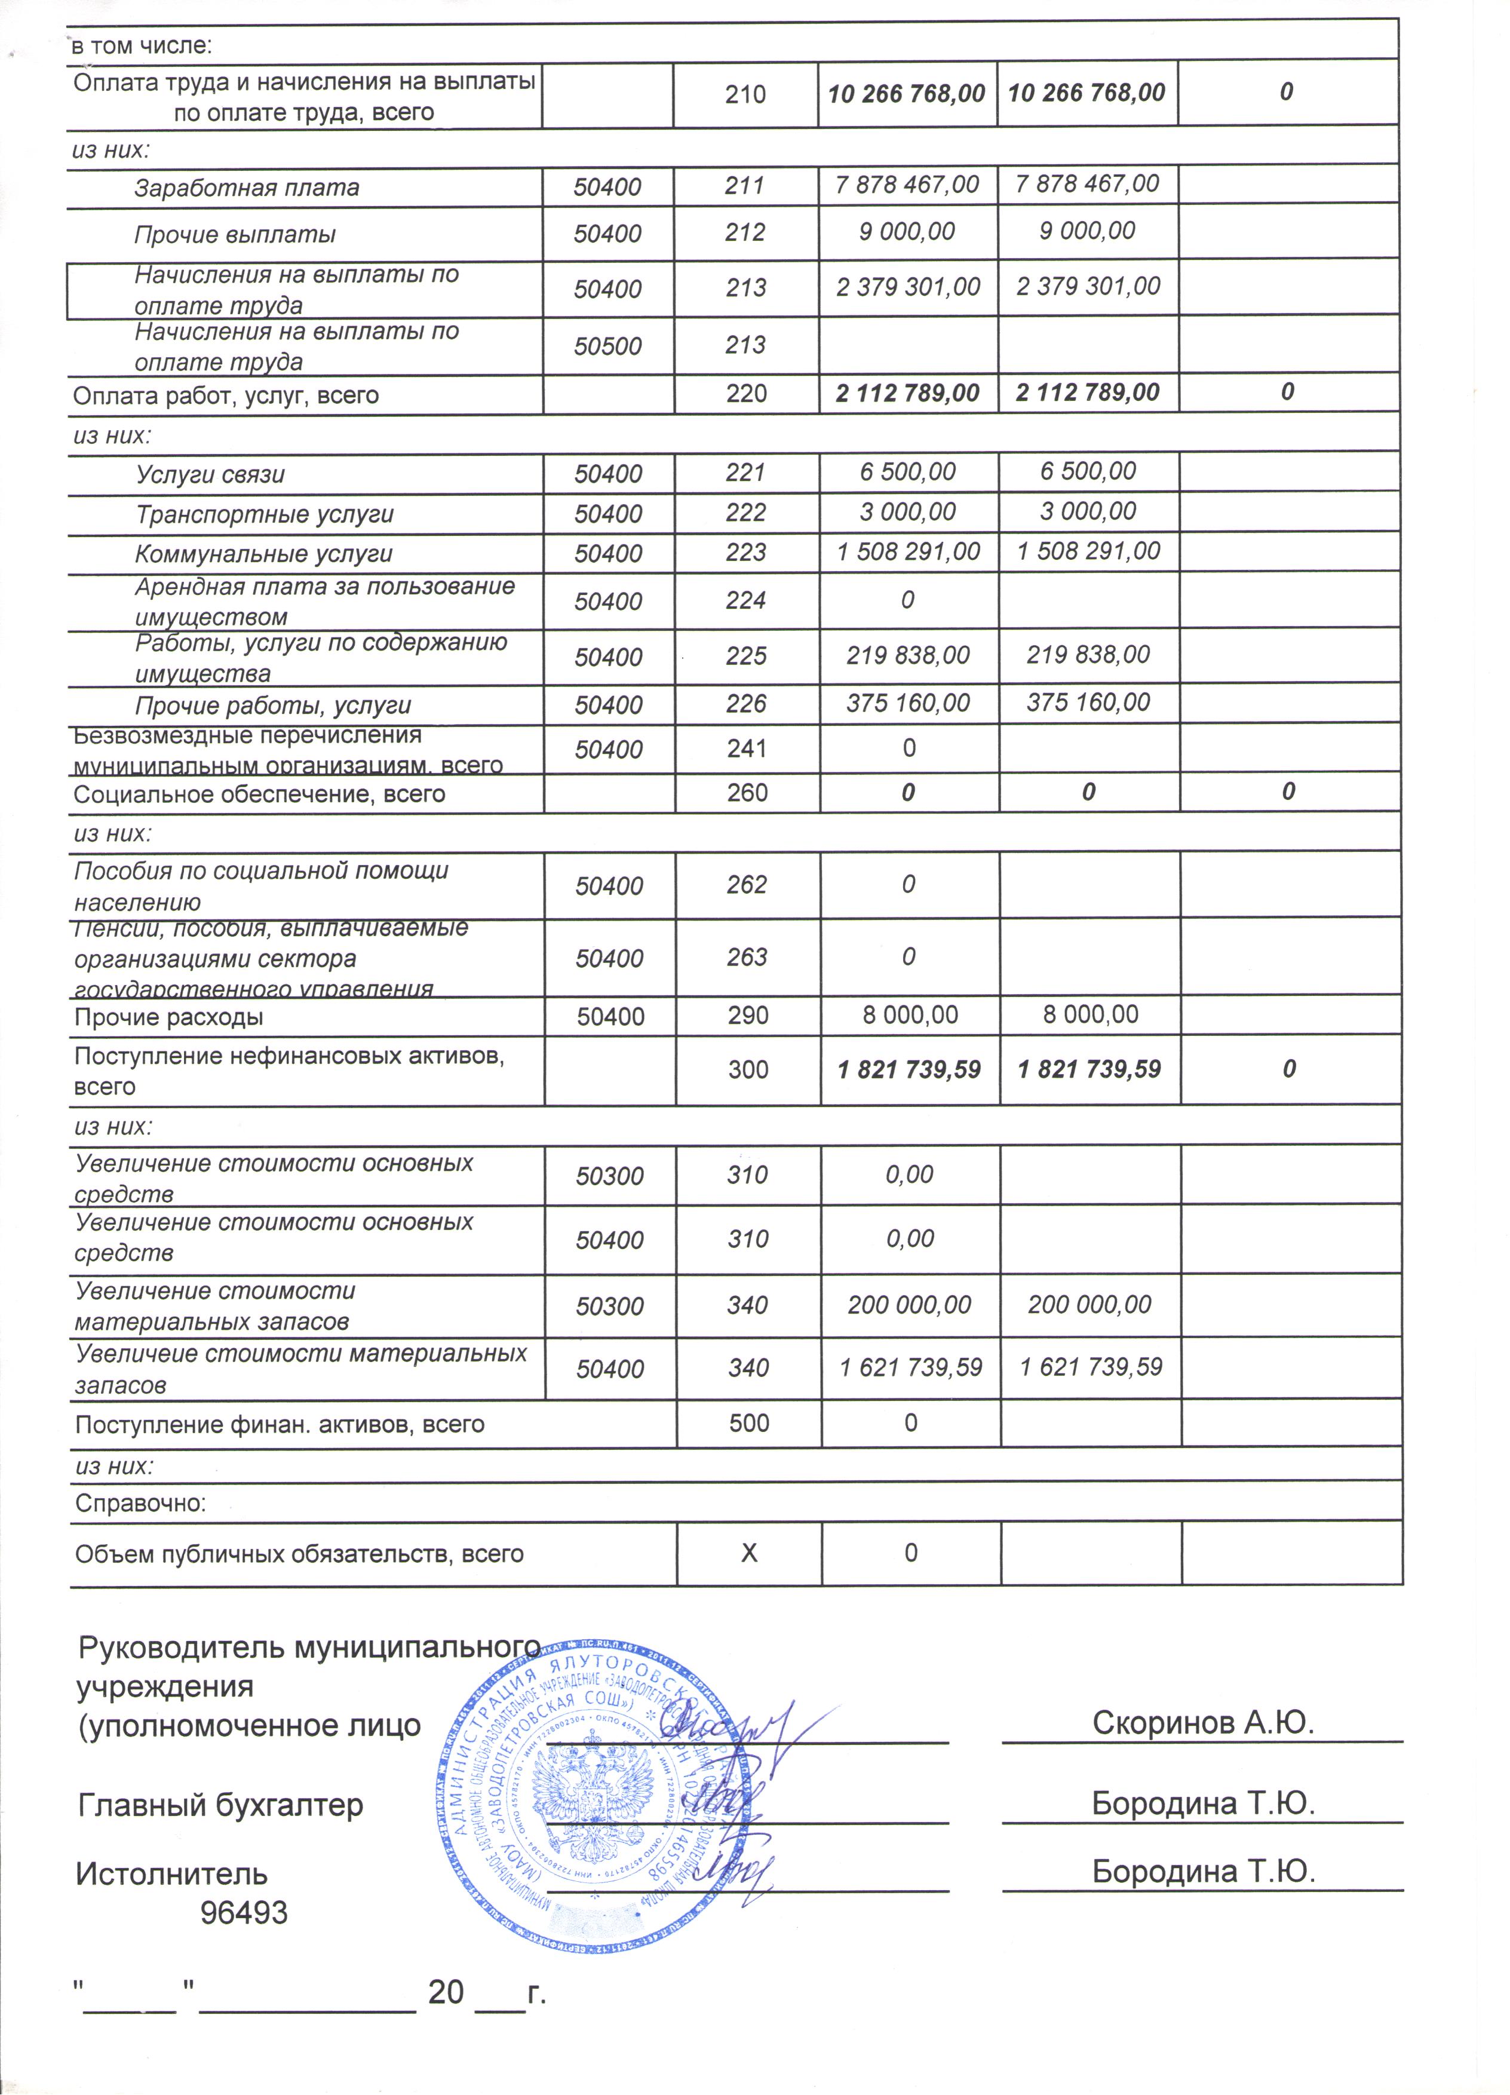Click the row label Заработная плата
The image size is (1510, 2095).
pyautogui.click(x=247, y=188)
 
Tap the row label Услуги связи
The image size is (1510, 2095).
pyautogui.click(x=211, y=475)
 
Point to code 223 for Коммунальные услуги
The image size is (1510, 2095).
pyautogui.click(x=745, y=553)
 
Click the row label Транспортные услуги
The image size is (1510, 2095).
pyautogui.click(x=264, y=514)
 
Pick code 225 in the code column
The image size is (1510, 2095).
pyautogui.click(x=746, y=656)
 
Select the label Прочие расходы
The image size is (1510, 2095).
pyautogui.click(x=169, y=1017)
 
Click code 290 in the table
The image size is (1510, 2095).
pyautogui.click(x=747, y=1015)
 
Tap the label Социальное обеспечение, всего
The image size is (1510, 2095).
pyautogui.click(x=259, y=795)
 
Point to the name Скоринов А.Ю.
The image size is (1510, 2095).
pyautogui.click(x=1202, y=1722)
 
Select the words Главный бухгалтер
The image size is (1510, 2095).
pyautogui.click(x=221, y=1804)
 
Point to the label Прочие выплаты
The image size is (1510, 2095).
pyautogui.click(x=235, y=235)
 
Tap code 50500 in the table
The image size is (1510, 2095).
pyautogui.click(x=607, y=346)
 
